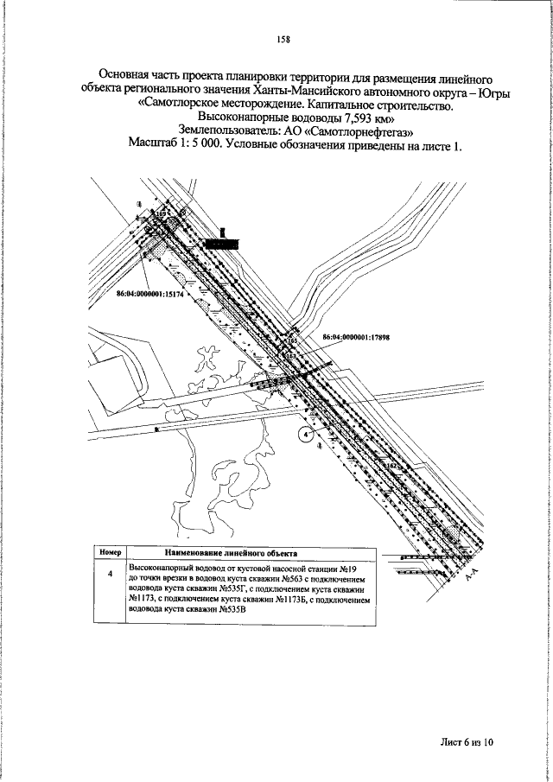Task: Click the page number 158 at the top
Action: pyautogui.click(x=282, y=39)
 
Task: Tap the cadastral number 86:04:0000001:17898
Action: pyautogui.click(x=357, y=338)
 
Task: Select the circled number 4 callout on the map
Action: pyautogui.click(x=304, y=436)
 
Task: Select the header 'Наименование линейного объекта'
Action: pyautogui.click(x=231, y=550)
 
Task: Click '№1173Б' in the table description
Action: pyautogui.click(x=308, y=599)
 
